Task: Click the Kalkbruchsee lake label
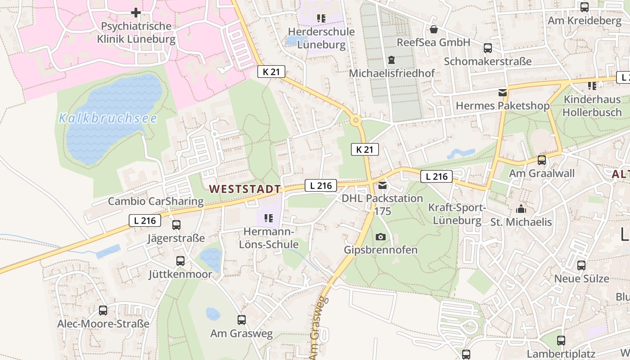(x=108, y=118)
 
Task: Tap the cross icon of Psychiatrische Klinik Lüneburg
(x=136, y=13)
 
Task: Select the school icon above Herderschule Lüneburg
(x=321, y=18)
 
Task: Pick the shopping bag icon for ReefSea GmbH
(x=434, y=29)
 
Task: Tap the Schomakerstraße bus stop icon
(x=488, y=48)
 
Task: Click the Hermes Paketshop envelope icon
(x=502, y=93)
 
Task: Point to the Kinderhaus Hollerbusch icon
(x=592, y=85)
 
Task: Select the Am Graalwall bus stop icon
(x=542, y=160)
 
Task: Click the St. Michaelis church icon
(x=521, y=209)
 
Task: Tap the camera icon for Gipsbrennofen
(x=381, y=237)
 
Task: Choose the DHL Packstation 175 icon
(x=382, y=185)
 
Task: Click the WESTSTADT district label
(x=245, y=189)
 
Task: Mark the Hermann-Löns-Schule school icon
(x=269, y=219)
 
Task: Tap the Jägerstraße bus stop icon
(x=176, y=225)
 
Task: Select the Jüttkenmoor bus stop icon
(x=180, y=261)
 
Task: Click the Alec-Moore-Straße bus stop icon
(x=103, y=310)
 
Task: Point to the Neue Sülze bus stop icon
(x=581, y=265)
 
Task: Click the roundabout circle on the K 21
(x=356, y=120)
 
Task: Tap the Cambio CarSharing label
(x=156, y=201)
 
